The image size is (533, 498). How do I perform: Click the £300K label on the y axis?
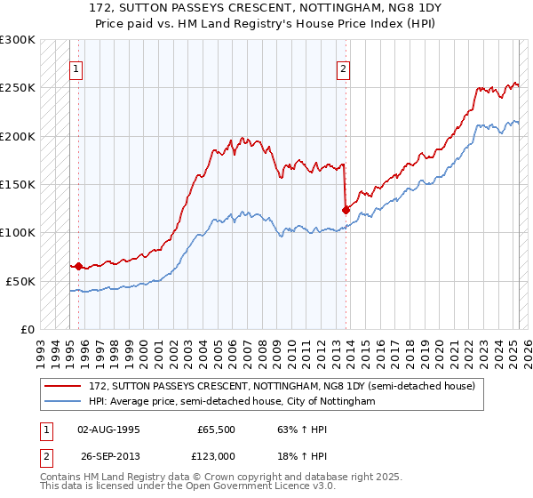(18, 40)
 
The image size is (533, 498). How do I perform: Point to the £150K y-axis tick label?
(18, 185)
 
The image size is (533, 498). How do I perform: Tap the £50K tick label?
(20, 281)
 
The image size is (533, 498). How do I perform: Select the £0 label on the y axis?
(28, 329)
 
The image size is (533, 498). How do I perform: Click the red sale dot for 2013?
(346, 210)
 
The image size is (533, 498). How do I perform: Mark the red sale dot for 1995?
(78, 266)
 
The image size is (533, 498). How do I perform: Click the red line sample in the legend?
(65, 386)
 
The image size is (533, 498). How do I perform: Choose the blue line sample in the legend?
(65, 402)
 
